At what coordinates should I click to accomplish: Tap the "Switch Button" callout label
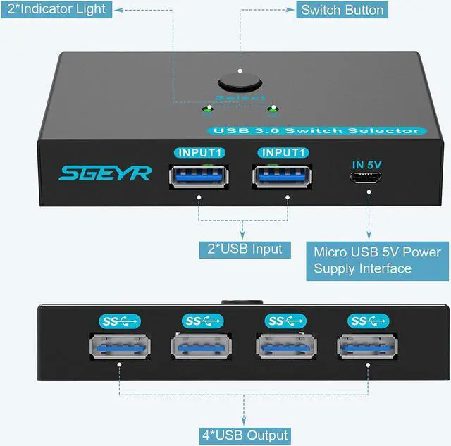[x=342, y=10]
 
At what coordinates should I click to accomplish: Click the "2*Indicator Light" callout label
[x=56, y=9]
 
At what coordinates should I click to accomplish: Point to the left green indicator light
[x=206, y=109]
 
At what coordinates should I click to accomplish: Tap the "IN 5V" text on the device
[x=368, y=165]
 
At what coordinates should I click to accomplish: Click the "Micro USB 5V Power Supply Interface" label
[x=377, y=260]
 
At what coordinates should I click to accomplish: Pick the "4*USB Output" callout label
[x=243, y=435]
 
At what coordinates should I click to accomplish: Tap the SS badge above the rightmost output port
[x=368, y=321]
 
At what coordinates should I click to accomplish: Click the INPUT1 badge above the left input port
[x=199, y=152]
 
